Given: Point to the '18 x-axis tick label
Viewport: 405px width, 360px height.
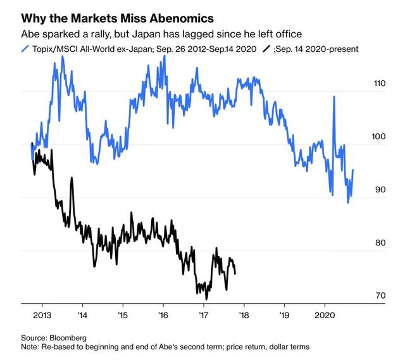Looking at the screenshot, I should pyautogui.click(x=244, y=314).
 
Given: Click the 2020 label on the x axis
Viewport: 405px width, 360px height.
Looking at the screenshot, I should pyautogui.click(x=324, y=314).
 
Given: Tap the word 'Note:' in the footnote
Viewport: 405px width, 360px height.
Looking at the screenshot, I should pyautogui.click(x=30, y=348).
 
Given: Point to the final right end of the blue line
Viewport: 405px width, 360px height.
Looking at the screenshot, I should pyautogui.click(x=353, y=170).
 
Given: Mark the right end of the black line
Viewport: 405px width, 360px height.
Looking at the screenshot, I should pyautogui.click(x=235, y=273).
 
